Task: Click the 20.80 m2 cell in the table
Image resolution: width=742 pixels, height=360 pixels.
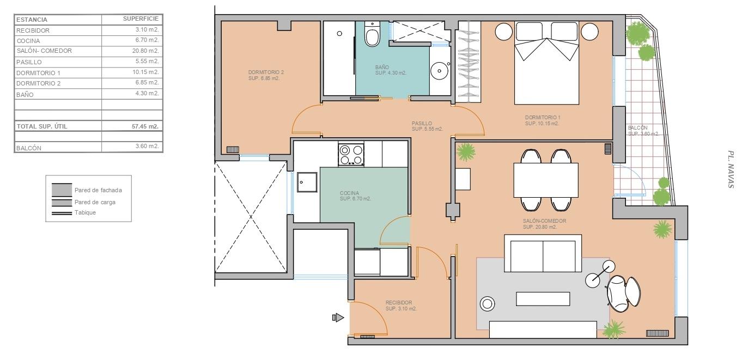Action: pos(145,51)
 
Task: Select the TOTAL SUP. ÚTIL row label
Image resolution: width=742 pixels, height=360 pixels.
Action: pos(42,126)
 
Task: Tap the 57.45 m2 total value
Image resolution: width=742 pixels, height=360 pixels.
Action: pos(145,126)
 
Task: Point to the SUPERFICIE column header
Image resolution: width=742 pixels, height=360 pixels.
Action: pos(141,19)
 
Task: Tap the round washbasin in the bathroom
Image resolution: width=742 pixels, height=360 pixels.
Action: pos(440,71)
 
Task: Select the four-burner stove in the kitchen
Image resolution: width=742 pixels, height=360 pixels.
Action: pos(351,155)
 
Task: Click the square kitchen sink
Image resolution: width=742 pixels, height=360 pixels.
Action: pos(307,182)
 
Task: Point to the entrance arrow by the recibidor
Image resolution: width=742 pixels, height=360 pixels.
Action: pos(338,318)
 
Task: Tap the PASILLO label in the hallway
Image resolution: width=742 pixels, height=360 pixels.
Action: pos(422,123)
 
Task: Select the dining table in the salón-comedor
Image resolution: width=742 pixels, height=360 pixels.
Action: pos(546,180)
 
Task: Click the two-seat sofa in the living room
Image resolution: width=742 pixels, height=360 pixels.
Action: pos(543,253)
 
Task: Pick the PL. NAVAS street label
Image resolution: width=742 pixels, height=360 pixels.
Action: pos(731,169)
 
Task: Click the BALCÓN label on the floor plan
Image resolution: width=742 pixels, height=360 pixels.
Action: pos(637,128)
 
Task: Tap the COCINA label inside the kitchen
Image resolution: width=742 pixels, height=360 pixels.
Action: pos(349,193)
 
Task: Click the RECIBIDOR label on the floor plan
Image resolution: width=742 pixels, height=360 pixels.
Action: pos(399,303)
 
